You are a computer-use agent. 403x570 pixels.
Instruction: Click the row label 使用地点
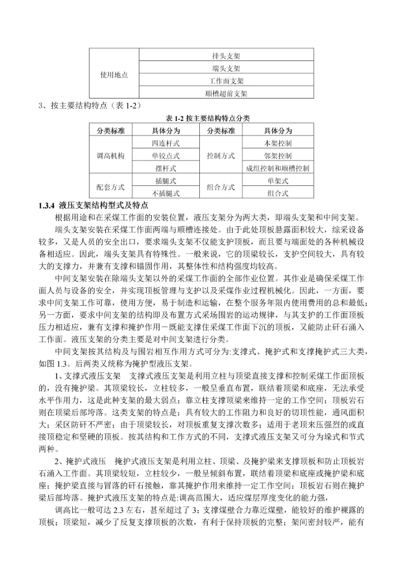(114, 75)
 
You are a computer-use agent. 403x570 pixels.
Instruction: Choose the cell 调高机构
(110, 156)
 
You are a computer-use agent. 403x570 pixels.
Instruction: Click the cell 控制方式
(221, 156)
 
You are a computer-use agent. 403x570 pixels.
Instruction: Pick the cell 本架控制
(277, 143)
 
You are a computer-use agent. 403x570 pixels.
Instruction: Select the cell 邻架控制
(277, 156)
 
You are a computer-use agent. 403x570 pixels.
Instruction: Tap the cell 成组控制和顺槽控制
(277, 168)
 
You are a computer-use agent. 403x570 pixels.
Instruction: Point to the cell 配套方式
(110, 187)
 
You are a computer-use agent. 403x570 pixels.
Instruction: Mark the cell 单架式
(277, 181)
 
